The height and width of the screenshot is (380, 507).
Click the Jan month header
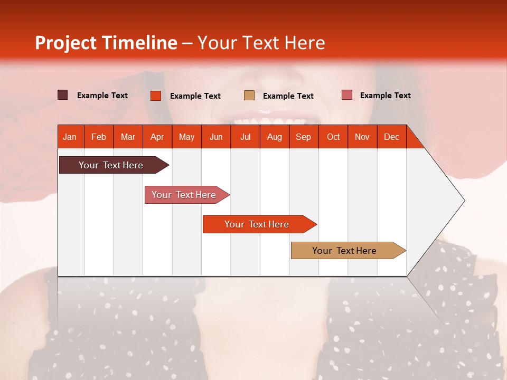click(70, 137)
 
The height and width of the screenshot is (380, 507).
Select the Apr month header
click(157, 137)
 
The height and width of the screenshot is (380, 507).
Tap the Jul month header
click(245, 137)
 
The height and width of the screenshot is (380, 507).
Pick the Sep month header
click(303, 137)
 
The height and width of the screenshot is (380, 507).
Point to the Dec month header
click(391, 137)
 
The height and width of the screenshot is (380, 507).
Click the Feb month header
click(99, 137)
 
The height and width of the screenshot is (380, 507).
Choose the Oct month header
click(333, 137)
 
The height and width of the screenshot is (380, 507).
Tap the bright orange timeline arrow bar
click(257, 224)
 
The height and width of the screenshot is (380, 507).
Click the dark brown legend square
click(62, 95)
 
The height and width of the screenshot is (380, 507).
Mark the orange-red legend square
click(155, 96)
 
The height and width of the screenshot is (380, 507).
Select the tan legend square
click(249, 96)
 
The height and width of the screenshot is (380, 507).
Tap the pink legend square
click(346, 95)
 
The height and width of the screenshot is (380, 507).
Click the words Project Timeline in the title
click(106, 43)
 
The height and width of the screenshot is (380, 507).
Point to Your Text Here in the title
click(261, 43)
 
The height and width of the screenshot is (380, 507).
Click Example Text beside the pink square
click(385, 96)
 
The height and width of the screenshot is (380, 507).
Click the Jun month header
click(216, 137)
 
